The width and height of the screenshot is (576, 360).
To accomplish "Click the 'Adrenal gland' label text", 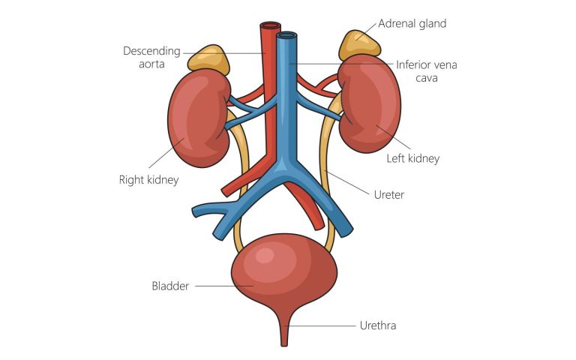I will click(412, 23).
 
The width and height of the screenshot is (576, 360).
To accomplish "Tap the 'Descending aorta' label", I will click(151, 58).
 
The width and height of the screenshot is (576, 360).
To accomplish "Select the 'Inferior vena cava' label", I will click(426, 71).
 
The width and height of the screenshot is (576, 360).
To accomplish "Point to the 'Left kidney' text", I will click(412, 158).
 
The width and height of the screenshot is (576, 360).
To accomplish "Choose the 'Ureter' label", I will click(388, 195).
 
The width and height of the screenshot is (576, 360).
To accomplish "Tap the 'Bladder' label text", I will click(170, 286).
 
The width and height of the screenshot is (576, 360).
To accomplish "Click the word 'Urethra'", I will click(377, 325).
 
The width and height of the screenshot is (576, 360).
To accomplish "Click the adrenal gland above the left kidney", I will click(356, 45).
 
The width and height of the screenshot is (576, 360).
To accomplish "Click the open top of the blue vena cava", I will click(286, 34).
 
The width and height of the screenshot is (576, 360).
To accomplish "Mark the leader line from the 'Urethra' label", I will click(322, 325).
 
